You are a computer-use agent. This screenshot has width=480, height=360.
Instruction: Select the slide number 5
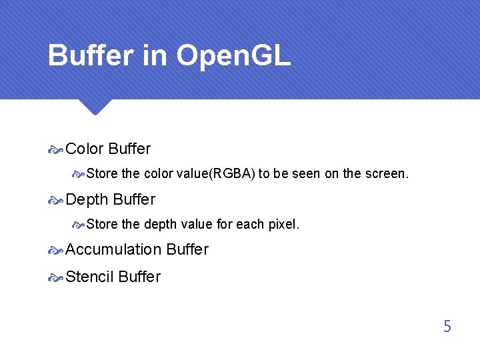pyautogui.click(x=447, y=327)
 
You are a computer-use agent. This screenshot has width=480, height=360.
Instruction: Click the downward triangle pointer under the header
pyautogui.click(x=94, y=107)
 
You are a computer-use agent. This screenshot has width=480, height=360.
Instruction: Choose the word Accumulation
pyautogui.click(x=113, y=249)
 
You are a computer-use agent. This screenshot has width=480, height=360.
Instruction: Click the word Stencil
pyautogui.click(x=89, y=277)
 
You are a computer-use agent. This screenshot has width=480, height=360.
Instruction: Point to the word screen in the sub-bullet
pyautogui.click(x=385, y=174)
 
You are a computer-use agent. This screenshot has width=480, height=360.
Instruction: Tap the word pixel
pyautogui.click(x=283, y=225)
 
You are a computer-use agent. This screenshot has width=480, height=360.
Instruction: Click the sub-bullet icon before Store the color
pyautogui.click(x=78, y=174)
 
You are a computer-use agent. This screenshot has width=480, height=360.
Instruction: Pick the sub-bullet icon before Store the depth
pyautogui.click(x=78, y=225)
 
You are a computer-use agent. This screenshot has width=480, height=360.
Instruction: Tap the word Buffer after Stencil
pyautogui.click(x=139, y=277)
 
